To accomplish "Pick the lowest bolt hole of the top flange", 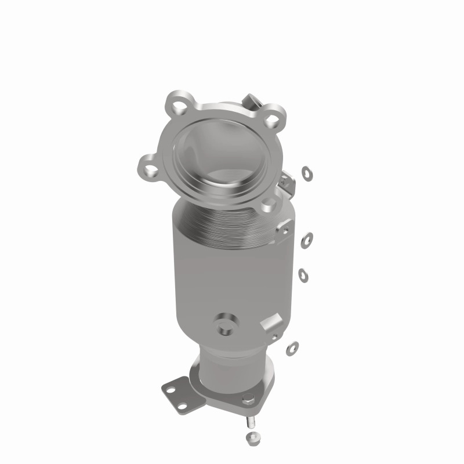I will (268, 204).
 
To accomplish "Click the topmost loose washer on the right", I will (306, 172).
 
